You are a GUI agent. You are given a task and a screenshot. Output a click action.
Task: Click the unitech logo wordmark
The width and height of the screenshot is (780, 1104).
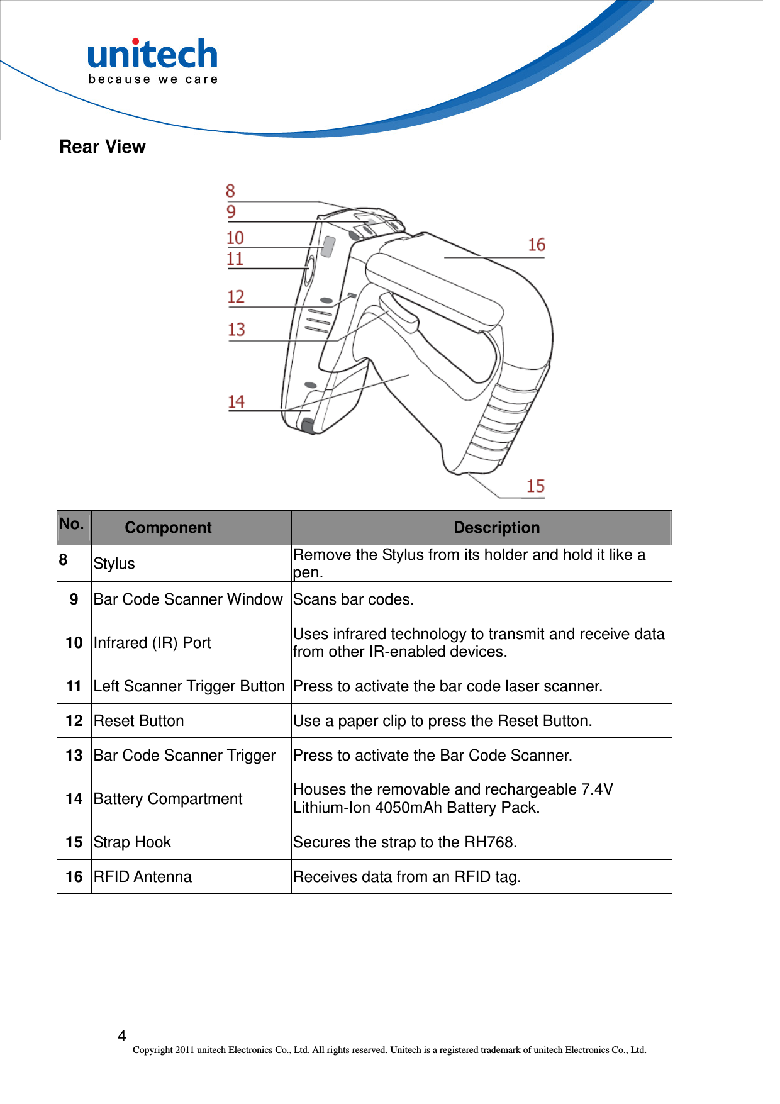click(x=153, y=55)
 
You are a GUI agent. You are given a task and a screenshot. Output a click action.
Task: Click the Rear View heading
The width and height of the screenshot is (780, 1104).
click(x=103, y=147)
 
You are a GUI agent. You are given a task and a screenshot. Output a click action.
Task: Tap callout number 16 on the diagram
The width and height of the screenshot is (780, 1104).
click(x=537, y=245)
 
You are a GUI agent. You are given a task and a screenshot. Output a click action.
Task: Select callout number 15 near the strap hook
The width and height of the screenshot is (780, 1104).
click(x=535, y=486)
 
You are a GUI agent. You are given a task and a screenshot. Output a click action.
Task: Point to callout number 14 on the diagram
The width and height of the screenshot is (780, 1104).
click(x=236, y=401)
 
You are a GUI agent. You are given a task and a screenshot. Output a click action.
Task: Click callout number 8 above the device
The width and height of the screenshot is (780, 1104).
click(x=230, y=191)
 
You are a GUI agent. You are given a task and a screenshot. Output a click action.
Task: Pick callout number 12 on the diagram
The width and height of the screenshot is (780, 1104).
click(x=236, y=296)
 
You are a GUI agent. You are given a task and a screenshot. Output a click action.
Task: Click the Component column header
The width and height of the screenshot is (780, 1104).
click(x=168, y=528)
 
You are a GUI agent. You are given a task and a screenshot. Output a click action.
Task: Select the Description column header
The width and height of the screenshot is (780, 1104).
click(x=496, y=528)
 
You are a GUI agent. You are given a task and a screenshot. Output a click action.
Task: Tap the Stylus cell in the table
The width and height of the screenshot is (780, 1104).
click(x=114, y=564)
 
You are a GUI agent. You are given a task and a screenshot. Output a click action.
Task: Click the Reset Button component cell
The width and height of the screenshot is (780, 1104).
click(x=139, y=721)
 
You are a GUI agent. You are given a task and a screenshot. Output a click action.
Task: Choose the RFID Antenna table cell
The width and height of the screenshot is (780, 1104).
click(x=143, y=877)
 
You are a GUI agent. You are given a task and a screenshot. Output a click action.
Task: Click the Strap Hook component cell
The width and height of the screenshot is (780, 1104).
click(x=132, y=842)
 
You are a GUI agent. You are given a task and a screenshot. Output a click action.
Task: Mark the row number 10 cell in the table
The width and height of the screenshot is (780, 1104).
click(x=74, y=643)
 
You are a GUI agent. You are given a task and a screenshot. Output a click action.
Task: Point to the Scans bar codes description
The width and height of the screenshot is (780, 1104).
click(x=354, y=599)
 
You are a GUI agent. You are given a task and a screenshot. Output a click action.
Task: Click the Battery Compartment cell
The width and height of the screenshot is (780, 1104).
click(x=168, y=799)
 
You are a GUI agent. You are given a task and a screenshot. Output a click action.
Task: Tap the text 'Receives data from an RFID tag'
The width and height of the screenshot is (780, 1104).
click(x=407, y=877)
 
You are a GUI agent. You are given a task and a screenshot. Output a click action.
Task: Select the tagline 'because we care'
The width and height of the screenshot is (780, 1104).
click(x=153, y=80)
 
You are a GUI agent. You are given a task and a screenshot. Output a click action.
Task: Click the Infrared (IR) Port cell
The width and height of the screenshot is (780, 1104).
click(x=152, y=643)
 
